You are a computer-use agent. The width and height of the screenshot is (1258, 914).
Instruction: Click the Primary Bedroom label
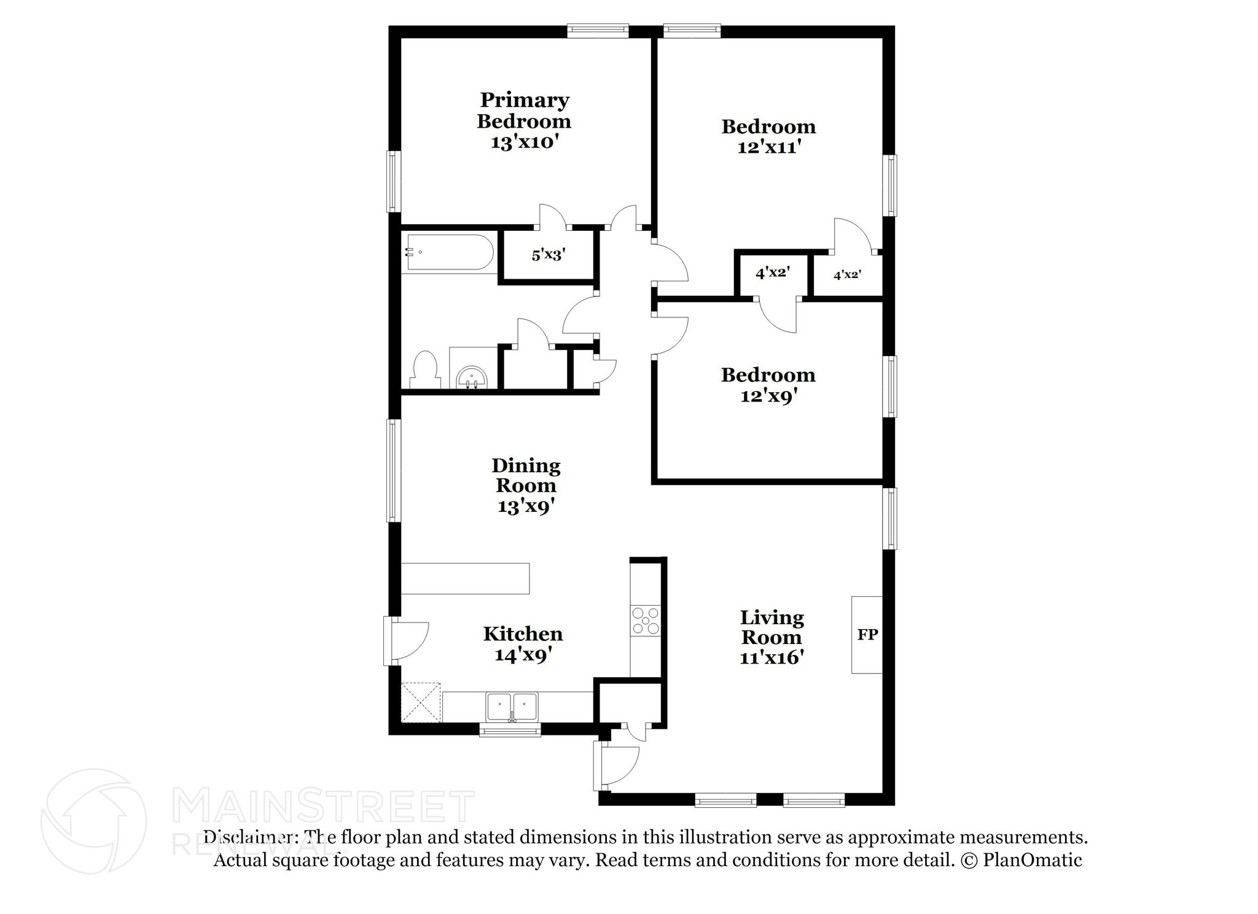point(524,110)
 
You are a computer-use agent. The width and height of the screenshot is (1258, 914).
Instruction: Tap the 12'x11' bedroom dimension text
point(769,147)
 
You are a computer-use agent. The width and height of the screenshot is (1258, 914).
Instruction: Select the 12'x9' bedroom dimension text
point(769,396)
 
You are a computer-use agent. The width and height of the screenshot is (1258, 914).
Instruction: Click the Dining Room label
point(526,475)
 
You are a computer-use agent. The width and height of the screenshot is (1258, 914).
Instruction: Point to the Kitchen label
point(523,633)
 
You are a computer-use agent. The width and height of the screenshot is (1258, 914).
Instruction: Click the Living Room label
point(772,627)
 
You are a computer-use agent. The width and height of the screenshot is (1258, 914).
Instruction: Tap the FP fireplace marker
point(867,634)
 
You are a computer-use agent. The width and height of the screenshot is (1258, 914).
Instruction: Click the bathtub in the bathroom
point(448,252)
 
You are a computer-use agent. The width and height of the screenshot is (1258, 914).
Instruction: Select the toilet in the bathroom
point(424,370)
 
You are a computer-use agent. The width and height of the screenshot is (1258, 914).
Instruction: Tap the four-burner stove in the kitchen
point(646,621)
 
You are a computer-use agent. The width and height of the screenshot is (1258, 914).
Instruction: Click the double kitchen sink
point(512,707)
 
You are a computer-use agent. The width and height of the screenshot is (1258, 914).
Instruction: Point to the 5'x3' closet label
point(548,255)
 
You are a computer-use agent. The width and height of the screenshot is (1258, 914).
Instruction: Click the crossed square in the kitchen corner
point(421,702)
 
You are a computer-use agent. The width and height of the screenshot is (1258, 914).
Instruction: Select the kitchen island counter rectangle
point(465,578)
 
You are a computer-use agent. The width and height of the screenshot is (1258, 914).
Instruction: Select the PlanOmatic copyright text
point(1021,860)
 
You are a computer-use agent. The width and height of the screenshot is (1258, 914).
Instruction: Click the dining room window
point(394,470)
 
